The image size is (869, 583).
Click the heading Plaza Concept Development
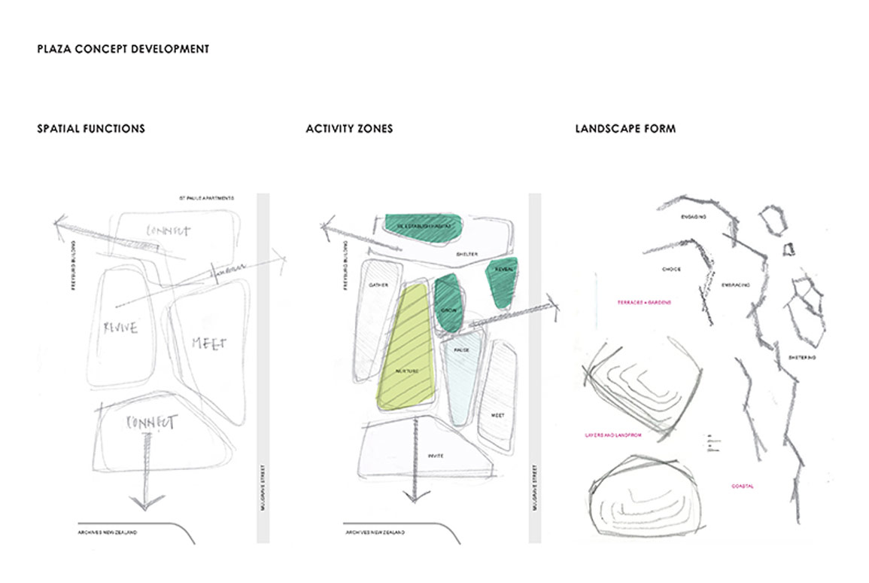pos(123,50)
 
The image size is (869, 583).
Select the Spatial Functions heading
pos(91,129)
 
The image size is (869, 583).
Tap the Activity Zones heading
pos(349,129)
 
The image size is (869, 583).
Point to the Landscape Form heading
pos(625,129)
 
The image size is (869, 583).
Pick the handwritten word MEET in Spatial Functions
pos(209,343)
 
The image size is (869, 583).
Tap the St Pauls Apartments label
pos(206,199)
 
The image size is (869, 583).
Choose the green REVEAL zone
pos(502,282)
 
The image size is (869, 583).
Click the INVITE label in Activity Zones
pos(435,456)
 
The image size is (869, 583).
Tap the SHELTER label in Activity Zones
pos(467,255)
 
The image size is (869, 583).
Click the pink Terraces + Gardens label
pos(644,302)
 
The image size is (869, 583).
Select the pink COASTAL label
pos(742,487)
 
